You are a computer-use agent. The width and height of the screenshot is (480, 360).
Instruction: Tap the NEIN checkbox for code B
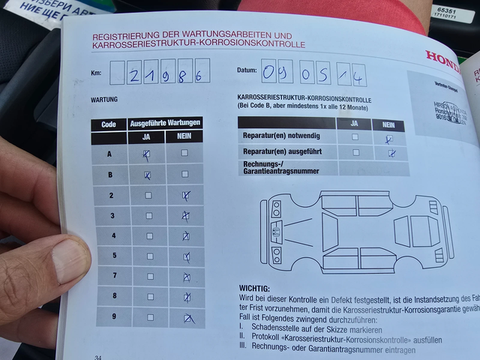point(184,174)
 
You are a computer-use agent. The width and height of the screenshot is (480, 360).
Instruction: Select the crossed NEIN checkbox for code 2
point(185,196)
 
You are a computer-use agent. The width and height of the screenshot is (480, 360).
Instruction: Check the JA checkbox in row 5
point(148,256)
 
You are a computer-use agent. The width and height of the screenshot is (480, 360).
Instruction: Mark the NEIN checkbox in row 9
point(188,318)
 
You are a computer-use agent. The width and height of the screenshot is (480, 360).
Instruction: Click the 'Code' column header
point(109,124)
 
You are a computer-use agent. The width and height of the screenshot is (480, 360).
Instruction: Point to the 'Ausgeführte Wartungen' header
point(165,122)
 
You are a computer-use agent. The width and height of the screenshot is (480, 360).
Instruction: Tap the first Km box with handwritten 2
point(133,73)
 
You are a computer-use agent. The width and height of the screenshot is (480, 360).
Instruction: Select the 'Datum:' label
point(247,70)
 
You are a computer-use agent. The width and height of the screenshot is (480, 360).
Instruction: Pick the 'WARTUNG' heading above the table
point(104,98)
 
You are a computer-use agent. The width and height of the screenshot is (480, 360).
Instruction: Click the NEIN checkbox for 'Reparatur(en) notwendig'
point(388,138)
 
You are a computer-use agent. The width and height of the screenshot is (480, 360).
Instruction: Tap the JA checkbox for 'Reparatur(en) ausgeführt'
point(355,152)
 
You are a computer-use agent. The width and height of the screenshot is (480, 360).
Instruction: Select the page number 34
point(98,356)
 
